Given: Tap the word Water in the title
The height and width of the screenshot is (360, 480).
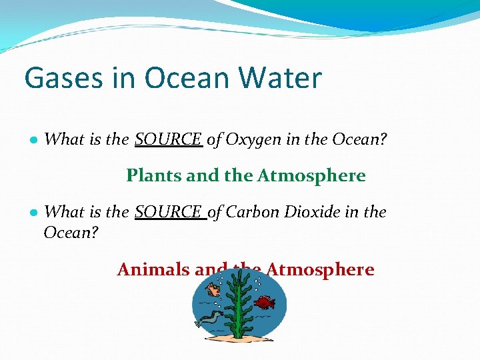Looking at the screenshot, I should [280, 79].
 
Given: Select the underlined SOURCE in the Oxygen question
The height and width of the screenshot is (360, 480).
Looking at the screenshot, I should [168, 139].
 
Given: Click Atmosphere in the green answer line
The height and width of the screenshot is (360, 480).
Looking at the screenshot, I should [311, 175].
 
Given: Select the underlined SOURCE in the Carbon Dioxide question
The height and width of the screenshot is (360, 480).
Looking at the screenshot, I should [169, 212].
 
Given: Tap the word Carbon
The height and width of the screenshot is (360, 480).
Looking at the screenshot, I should [253, 212].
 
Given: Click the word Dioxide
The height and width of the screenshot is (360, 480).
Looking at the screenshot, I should [313, 212].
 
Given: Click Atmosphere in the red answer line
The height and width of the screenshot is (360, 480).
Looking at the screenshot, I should [320, 269].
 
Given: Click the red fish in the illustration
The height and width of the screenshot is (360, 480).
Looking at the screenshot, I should [265, 303].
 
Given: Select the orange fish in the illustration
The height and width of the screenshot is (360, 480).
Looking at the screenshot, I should [214, 290].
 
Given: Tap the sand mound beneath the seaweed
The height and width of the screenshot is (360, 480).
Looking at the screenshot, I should [237, 335].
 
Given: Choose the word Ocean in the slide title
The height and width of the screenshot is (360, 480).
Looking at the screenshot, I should [181, 79].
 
